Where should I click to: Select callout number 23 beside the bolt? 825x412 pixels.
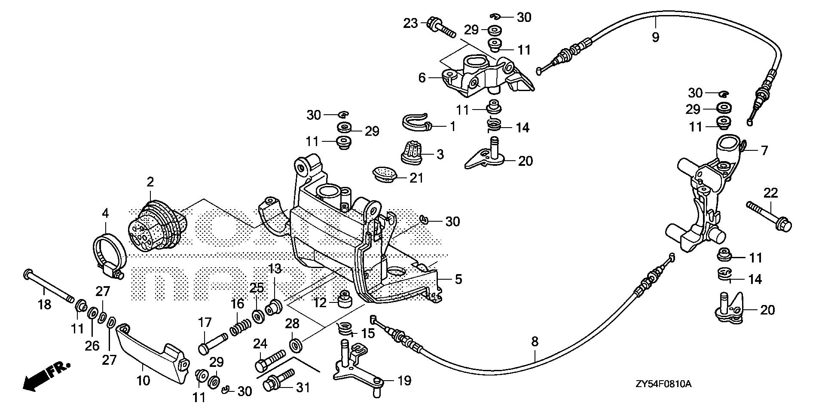tap(410, 23)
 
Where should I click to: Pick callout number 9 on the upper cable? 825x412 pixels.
tap(655, 37)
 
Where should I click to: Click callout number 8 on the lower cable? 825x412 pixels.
tap(535, 342)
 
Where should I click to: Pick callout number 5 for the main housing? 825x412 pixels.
tap(458, 280)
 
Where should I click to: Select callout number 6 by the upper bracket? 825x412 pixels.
tap(422, 78)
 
